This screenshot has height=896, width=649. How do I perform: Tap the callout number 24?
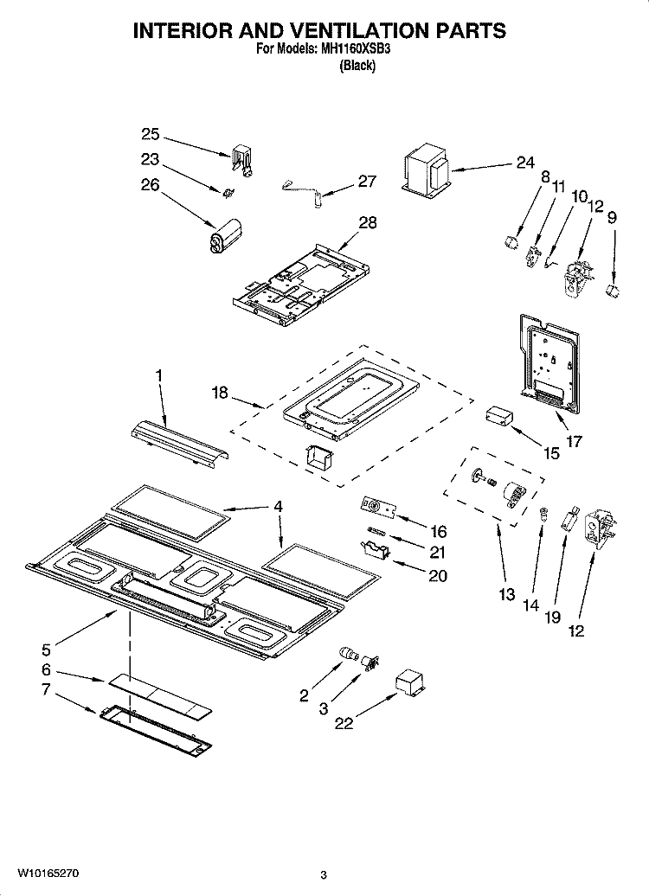click(x=525, y=163)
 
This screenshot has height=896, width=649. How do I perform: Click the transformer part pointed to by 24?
click(x=427, y=171)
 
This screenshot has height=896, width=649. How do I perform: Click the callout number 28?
click(x=368, y=223)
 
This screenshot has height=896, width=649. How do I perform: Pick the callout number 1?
click(x=158, y=376)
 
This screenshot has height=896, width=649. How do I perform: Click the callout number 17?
click(x=573, y=441)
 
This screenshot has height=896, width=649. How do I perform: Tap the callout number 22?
click(x=344, y=723)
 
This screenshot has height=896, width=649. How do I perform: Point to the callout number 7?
click(x=46, y=689)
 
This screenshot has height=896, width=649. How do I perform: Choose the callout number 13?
click(x=506, y=594)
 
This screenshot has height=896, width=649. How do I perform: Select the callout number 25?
click(x=151, y=133)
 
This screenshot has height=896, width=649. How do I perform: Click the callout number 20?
click(x=438, y=576)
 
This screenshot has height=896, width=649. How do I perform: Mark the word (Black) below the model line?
click(x=357, y=66)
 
